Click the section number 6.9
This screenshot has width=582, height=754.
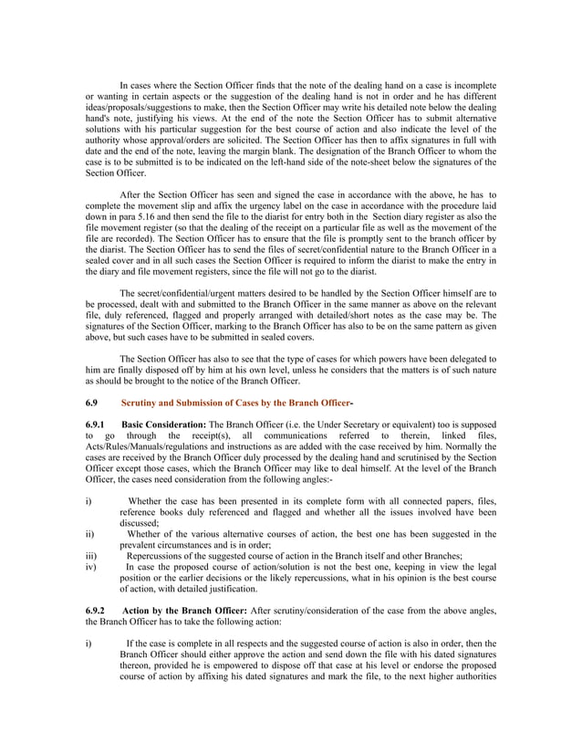[x=90, y=403]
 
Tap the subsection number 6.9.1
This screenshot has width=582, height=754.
[x=95, y=425]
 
